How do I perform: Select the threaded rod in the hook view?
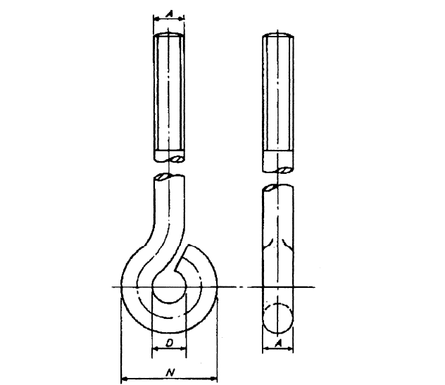(170, 91)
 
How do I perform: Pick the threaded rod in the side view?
(280, 91)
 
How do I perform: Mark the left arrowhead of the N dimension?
(125, 374)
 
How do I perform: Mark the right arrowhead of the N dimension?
(215, 374)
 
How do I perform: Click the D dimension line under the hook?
(170, 348)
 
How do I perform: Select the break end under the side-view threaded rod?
(280, 170)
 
